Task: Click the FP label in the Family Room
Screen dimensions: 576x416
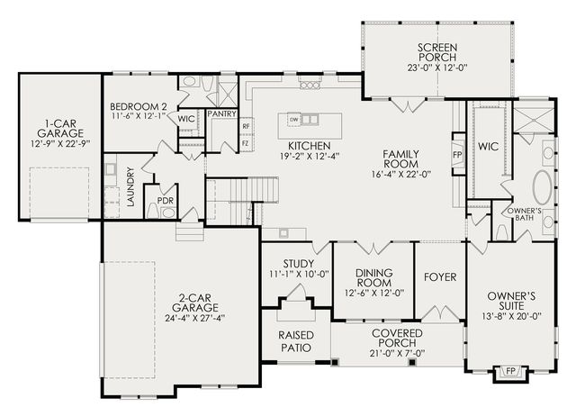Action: [457, 155]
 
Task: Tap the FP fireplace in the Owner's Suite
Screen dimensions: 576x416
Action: [510, 372]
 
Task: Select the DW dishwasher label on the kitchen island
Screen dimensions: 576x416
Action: [293, 120]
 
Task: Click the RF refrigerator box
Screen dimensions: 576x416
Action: [246, 126]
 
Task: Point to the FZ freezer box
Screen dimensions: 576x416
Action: [246, 143]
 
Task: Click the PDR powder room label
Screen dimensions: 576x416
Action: [165, 201]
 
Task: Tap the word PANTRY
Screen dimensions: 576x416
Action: [221, 114]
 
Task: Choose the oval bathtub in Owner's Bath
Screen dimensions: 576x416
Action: [542, 187]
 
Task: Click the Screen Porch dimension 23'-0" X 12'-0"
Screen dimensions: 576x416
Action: [437, 68]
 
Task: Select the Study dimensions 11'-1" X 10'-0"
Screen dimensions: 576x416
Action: [299, 274]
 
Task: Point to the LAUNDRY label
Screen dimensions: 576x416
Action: [130, 186]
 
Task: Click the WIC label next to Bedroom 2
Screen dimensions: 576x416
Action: [186, 119]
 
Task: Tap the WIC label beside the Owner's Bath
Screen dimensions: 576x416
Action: [488, 147]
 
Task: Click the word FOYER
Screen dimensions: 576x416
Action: [440, 277]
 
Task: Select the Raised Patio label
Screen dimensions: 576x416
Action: [296, 341]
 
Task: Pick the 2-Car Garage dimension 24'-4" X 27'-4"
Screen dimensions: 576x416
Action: [194, 318]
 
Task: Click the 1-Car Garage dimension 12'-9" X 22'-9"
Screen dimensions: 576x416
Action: [60, 144]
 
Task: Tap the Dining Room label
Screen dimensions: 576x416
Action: [374, 278]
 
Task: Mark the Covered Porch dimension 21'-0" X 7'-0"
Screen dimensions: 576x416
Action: [397, 354]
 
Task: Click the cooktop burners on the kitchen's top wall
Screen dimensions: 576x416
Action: [310, 86]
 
